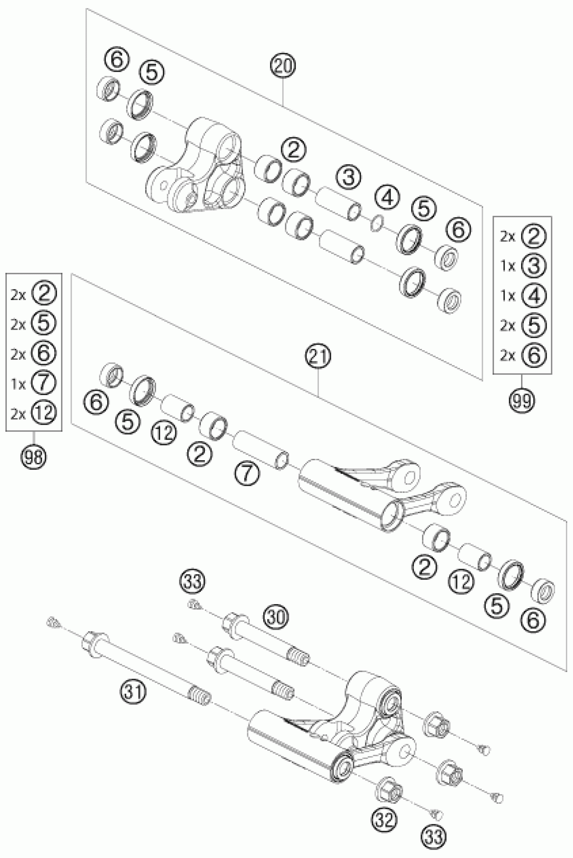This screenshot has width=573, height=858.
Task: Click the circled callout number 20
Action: (x=283, y=66)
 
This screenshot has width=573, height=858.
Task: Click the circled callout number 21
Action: (x=318, y=357)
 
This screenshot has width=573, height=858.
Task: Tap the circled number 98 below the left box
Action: (x=34, y=456)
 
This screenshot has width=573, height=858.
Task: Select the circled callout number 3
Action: (x=349, y=178)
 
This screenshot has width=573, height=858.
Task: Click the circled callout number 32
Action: (x=385, y=821)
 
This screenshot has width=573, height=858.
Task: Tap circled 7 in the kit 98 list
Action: (x=43, y=383)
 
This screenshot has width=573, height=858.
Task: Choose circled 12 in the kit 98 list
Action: (x=43, y=413)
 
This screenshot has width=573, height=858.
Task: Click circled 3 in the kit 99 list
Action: (x=534, y=266)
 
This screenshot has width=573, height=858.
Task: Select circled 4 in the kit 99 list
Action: (x=534, y=295)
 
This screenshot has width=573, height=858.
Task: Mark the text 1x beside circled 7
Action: (x=18, y=384)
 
